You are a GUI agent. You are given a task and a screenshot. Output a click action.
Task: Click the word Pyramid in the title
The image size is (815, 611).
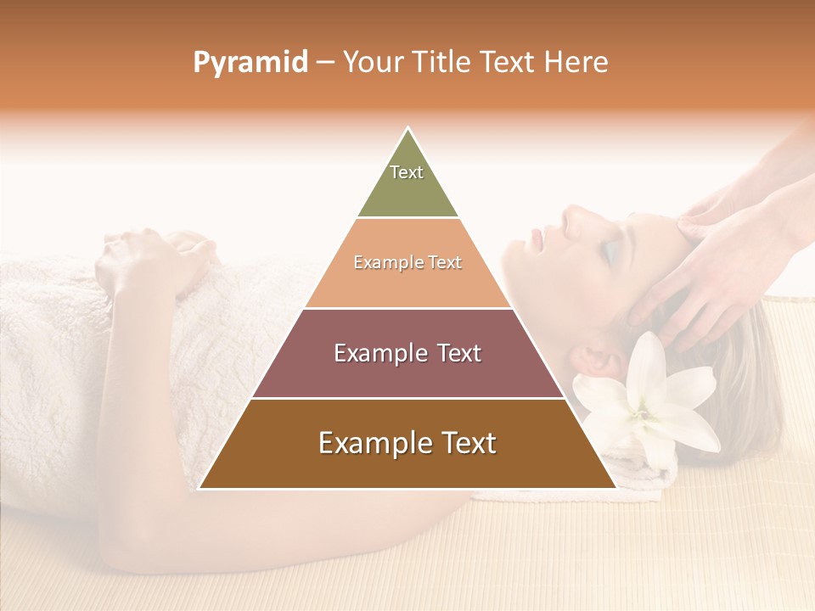(x=249, y=63)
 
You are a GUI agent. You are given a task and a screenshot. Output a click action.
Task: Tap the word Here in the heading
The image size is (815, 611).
(x=576, y=63)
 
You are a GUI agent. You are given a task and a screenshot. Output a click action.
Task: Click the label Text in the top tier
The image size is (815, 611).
(x=407, y=172)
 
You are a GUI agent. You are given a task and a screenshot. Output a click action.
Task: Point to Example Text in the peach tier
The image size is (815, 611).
(x=407, y=262)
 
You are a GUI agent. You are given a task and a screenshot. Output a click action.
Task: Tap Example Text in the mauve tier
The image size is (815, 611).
(x=407, y=353)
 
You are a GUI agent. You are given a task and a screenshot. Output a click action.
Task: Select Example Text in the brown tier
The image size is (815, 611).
(x=407, y=443)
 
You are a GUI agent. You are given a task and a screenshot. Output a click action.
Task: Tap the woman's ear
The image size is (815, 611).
(x=599, y=356)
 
